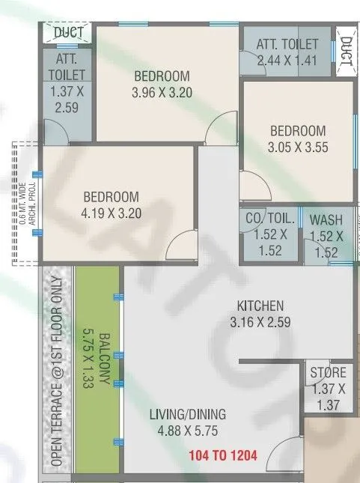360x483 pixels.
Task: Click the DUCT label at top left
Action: (x=67, y=32)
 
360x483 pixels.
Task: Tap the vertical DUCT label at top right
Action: (x=346, y=53)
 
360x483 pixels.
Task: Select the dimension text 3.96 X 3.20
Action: (x=162, y=93)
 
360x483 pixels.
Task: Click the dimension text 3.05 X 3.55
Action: (x=297, y=148)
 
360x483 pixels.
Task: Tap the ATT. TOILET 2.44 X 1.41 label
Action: (x=287, y=52)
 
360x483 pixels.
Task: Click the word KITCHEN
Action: (x=260, y=306)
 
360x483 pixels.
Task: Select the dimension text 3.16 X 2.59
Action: (x=260, y=323)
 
